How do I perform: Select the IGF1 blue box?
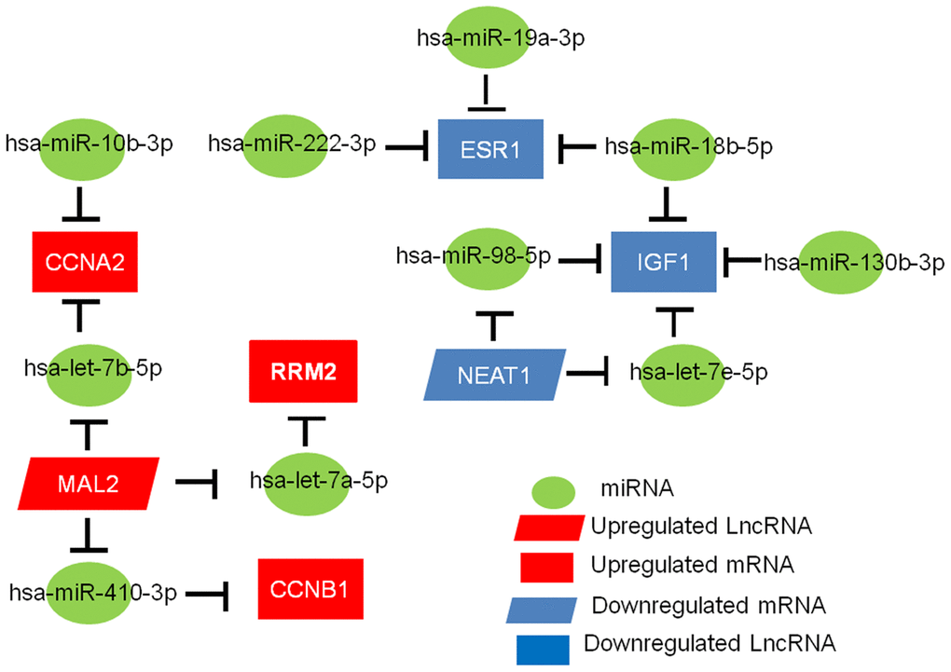tap(664, 260)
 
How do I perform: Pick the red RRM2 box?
tap(303, 371)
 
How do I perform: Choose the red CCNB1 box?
tap(309, 589)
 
